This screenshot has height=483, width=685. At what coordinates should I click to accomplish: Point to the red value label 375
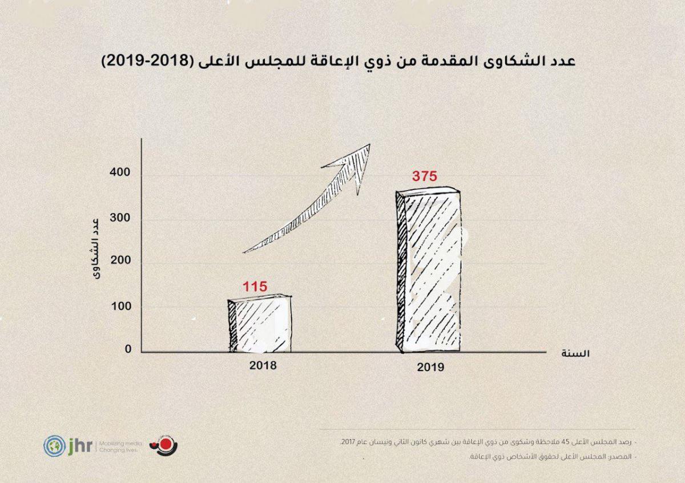click(x=424, y=176)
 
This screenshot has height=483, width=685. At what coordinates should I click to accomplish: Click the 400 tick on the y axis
click(x=120, y=173)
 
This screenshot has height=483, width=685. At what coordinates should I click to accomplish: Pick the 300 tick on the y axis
click(x=120, y=219)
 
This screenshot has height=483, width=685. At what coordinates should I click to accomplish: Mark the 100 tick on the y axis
click(x=120, y=307)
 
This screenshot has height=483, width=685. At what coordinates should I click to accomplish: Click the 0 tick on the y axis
click(x=128, y=349)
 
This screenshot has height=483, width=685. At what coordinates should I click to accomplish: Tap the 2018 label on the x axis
click(x=263, y=366)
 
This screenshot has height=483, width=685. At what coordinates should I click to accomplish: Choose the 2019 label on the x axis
click(x=430, y=368)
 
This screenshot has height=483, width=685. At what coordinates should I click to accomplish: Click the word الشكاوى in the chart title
click(x=505, y=61)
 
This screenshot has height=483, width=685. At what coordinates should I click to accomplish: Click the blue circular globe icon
click(x=53, y=445)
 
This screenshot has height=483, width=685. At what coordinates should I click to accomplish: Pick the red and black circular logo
click(x=160, y=445)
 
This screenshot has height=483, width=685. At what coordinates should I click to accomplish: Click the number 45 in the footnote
click(x=574, y=442)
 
